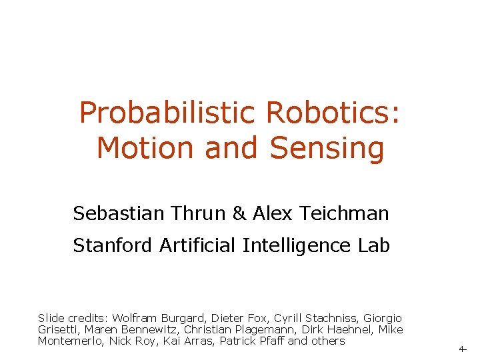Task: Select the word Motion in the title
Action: (147, 148)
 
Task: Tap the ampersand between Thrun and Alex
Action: (239, 214)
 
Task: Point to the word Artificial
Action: (198, 246)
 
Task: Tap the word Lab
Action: (374, 246)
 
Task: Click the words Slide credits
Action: (73, 319)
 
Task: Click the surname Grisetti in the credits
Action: (57, 330)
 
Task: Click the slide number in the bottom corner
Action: (462, 349)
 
